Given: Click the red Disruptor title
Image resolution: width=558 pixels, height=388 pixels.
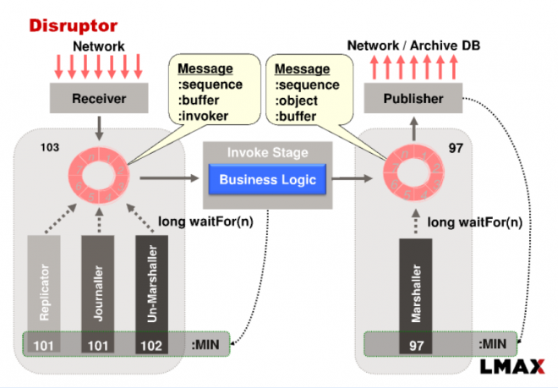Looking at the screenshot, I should coord(74,26).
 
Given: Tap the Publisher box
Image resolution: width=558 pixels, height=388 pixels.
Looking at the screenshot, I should coord(413,99).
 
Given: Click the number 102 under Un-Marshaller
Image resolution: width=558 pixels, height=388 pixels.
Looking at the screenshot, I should coord(152,345).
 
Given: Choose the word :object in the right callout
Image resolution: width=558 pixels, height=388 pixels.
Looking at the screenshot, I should coord(298,100).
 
